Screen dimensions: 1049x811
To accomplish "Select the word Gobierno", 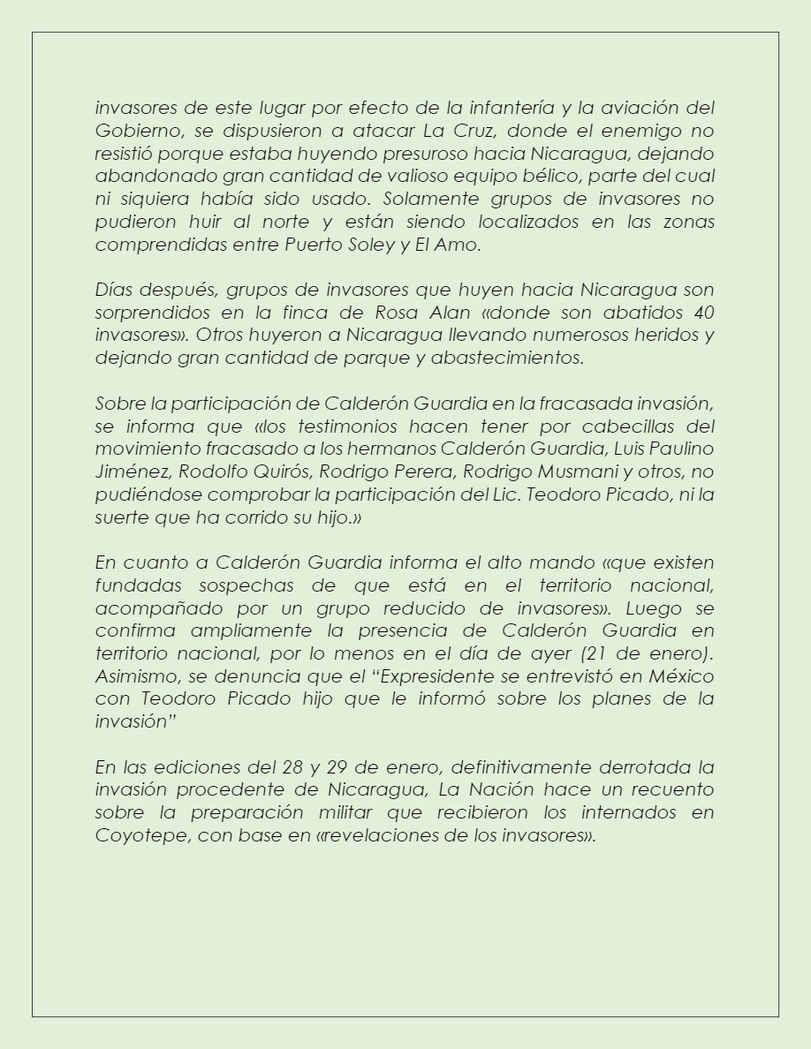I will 130,132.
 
